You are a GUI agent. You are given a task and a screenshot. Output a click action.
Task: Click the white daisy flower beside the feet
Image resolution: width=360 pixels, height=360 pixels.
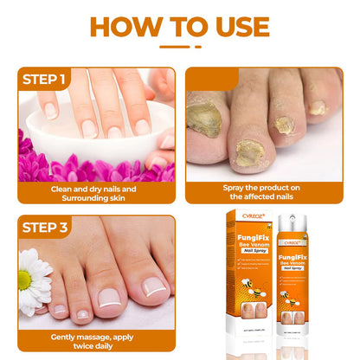click(x=32, y=280)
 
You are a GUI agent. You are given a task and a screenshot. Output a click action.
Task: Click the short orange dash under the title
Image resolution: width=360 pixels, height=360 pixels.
click(x=180, y=47)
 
